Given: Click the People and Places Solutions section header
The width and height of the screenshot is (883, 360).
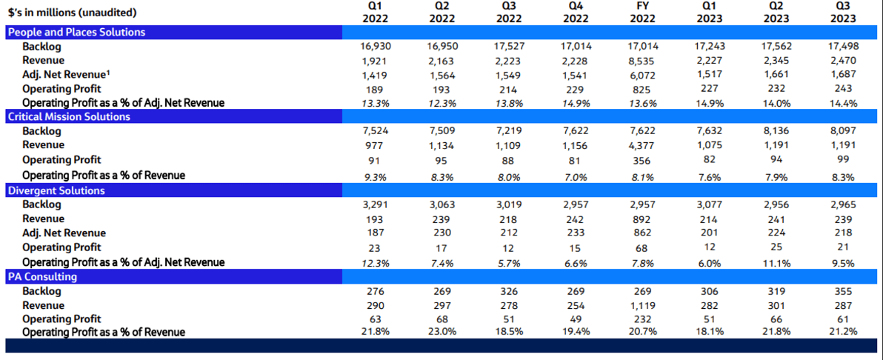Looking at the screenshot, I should [76, 32].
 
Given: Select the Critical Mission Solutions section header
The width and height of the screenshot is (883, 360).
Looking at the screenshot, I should [69, 116].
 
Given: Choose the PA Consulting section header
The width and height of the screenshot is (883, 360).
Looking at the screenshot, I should [42, 277].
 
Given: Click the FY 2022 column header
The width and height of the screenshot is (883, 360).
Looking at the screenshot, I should [642, 12].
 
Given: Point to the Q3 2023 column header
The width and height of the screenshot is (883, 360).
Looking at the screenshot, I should [843, 12].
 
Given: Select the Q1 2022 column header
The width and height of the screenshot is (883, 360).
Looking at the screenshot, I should [376, 12].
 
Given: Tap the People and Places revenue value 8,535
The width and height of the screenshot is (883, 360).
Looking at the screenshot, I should [642, 60].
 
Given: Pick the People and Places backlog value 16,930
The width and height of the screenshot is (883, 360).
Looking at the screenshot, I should [376, 46].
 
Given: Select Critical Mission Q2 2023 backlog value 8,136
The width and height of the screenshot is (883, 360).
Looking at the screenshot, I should [776, 131].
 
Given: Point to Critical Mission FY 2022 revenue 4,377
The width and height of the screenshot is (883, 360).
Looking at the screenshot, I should [642, 145].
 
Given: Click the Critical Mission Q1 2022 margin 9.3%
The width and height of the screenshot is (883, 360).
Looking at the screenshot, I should [376, 176].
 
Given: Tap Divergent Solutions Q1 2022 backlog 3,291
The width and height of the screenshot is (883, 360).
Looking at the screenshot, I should [376, 204].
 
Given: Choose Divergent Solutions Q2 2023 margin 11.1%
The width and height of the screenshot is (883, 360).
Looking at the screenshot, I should [776, 262].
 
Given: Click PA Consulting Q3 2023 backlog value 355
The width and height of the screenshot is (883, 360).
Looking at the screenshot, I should [843, 291].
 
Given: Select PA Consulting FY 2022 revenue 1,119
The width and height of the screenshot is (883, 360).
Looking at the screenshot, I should [642, 305].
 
